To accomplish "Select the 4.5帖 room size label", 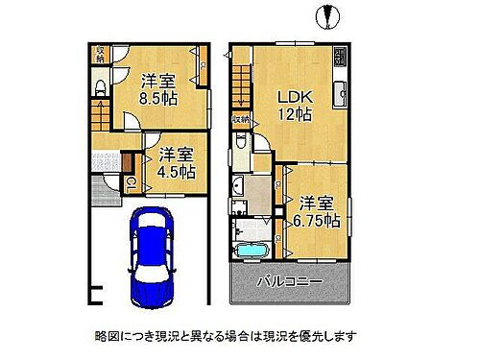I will (x=178, y=172).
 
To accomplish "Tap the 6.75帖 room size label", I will (x=318, y=221).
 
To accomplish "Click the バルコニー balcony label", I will (x=289, y=282).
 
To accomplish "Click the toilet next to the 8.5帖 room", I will (x=102, y=90).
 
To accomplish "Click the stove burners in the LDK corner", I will (x=340, y=58).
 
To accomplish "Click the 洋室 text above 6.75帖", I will (x=318, y=203).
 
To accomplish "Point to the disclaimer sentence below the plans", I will (x=226, y=336).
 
